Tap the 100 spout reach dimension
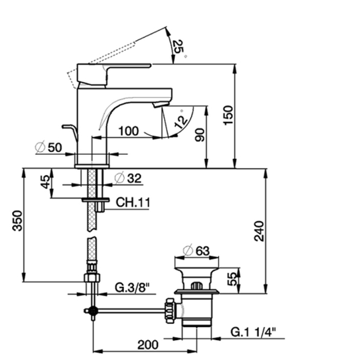pos(128,131)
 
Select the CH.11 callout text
pos(132,203)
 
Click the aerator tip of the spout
pos(161,104)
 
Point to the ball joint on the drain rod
pos(93,310)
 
